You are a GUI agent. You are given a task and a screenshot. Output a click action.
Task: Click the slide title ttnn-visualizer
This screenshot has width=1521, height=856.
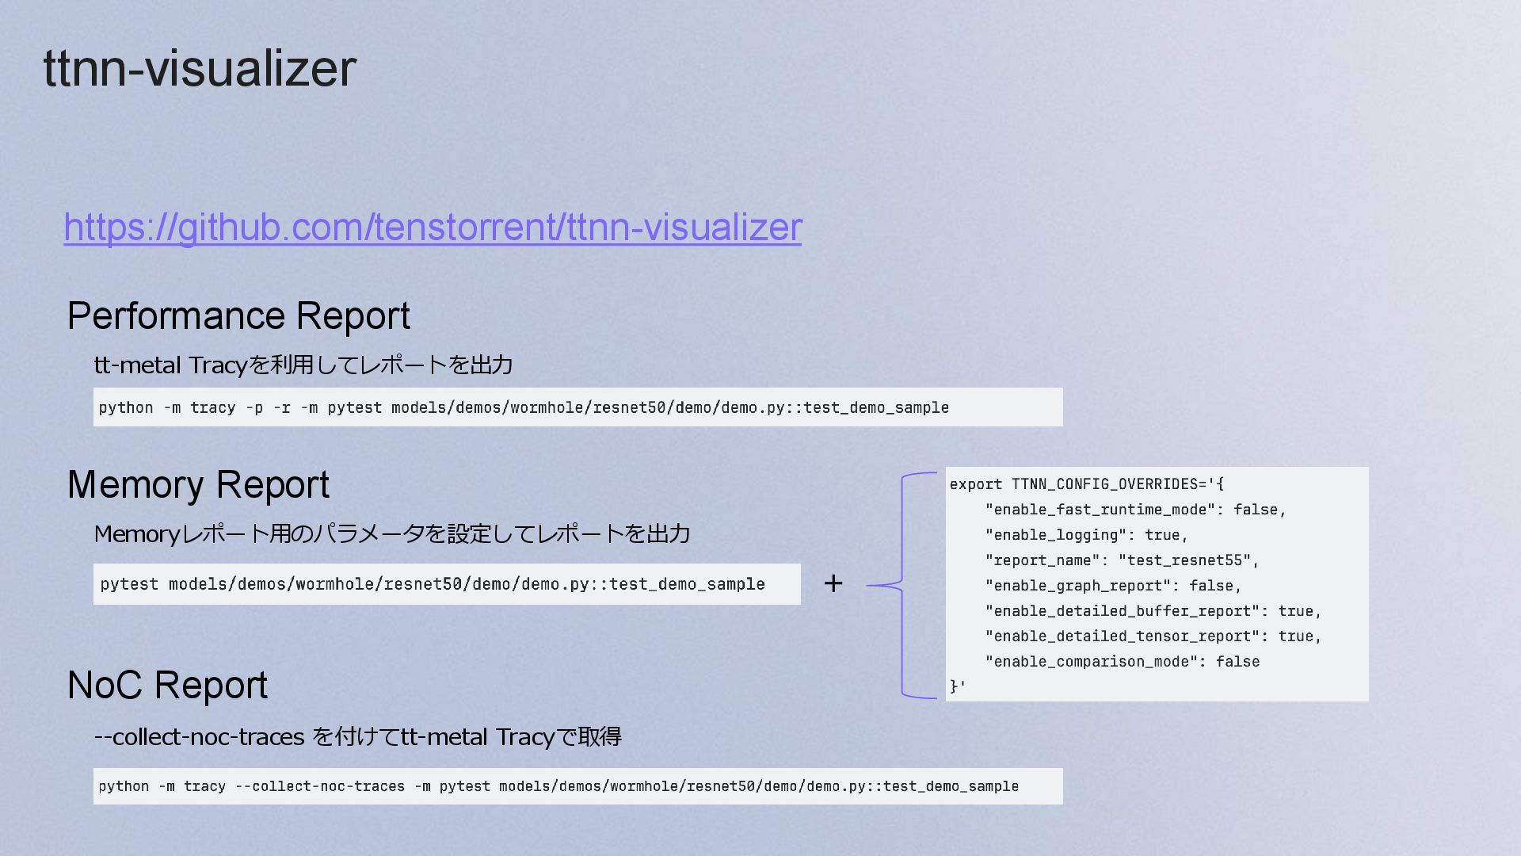point(200,68)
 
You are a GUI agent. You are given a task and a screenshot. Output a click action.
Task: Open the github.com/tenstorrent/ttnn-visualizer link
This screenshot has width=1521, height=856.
point(433,227)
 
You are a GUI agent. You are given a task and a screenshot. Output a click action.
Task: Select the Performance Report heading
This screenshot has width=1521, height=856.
point(238,315)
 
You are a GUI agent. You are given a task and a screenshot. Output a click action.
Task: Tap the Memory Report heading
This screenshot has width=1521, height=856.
point(198,484)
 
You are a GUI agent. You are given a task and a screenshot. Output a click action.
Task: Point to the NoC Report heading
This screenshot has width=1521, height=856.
point(167,685)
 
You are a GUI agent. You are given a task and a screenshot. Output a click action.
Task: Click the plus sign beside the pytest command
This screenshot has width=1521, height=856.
point(833,584)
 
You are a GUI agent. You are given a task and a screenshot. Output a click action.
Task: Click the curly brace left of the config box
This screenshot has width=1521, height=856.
point(903,585)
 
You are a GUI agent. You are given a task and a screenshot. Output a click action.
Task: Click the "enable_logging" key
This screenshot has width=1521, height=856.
point(1055,535)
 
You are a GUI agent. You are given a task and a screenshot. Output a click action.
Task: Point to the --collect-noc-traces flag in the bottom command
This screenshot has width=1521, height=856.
point(320,786)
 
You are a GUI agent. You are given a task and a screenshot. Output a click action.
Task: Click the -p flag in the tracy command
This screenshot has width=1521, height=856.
point(254,408)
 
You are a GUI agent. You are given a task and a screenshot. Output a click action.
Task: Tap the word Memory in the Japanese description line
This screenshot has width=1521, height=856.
point(137,534)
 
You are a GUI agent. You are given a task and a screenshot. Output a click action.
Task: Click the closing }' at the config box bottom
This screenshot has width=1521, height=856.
point(957,686)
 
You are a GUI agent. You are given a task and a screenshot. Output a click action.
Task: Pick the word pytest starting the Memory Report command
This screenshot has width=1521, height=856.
point(129,585)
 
